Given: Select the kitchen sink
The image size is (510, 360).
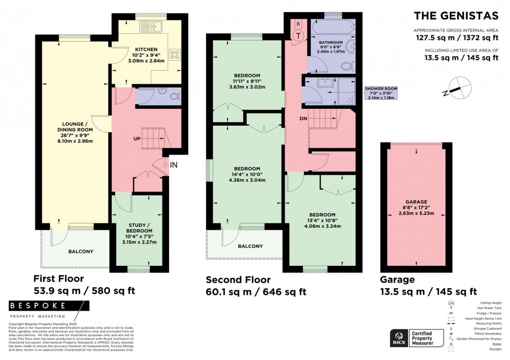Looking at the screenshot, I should click(x=155, y=25).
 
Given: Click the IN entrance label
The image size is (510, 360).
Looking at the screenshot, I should click(x=174, y=165).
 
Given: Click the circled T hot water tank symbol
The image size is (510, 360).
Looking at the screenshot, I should click(x=299, y=36).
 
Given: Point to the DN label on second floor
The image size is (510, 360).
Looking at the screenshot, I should click(x=295, y=119).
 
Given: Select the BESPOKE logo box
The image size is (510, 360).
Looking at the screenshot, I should click(x=37, y=306).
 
